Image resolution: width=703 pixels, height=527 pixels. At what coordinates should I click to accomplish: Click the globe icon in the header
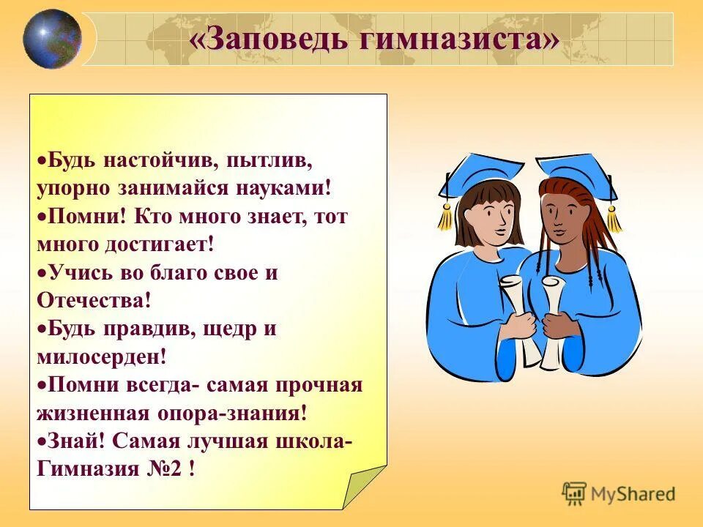51,39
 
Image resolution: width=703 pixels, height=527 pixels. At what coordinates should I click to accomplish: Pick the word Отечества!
94,300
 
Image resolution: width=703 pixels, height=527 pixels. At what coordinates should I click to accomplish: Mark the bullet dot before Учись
42,272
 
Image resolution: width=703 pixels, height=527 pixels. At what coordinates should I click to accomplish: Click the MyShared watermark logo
619,494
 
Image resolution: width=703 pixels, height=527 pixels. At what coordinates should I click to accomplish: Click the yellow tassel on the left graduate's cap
445,217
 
